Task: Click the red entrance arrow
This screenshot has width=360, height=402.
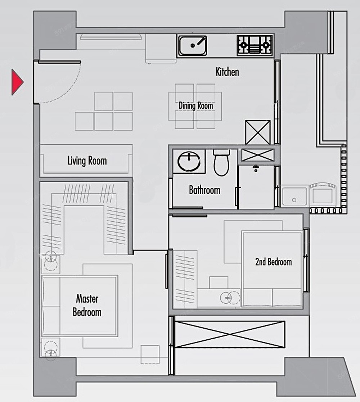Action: point(17,82)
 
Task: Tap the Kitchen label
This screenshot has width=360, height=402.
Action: point(228,72)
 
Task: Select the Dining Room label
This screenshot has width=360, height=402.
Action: point(196,105)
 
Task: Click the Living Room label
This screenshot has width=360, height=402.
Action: point(87,161)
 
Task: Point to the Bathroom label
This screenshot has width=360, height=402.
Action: point(204,190)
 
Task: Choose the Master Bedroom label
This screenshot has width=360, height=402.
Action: point(87,305)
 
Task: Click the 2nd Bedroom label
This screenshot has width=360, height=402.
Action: point(273,262)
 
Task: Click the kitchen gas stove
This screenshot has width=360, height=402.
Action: point(255,45)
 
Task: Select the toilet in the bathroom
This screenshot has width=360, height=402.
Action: point(221,163)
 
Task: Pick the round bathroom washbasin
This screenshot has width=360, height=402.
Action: point(189,161)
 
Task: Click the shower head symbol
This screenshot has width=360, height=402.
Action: point(256,168)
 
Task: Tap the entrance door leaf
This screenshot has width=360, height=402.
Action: point(59,62)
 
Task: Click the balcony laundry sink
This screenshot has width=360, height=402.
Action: point(294,196)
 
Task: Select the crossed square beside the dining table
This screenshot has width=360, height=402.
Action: point(258,132)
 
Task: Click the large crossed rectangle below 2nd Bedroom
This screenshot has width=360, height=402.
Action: point(230,334)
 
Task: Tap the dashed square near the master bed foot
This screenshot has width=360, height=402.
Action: point(150,354)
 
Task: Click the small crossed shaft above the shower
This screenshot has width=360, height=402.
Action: point(258,155)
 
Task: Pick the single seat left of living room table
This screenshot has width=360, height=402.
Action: point(84,121)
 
